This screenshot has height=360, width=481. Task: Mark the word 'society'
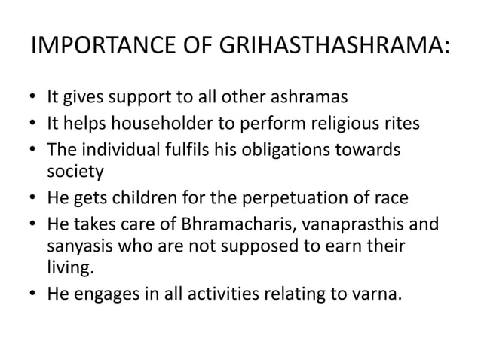72,172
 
